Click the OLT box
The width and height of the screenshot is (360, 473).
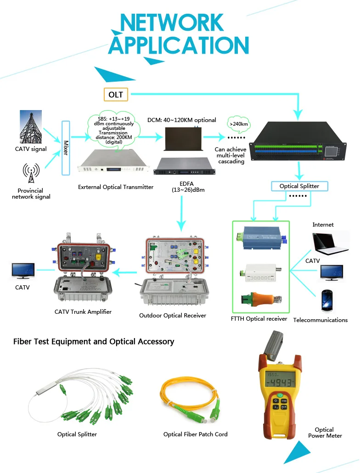[116, 95]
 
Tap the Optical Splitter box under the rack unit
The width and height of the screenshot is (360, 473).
[299, 186]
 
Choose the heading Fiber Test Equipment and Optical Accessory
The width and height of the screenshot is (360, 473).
[94, 342]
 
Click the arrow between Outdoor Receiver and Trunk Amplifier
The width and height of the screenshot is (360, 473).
[125, 273]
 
